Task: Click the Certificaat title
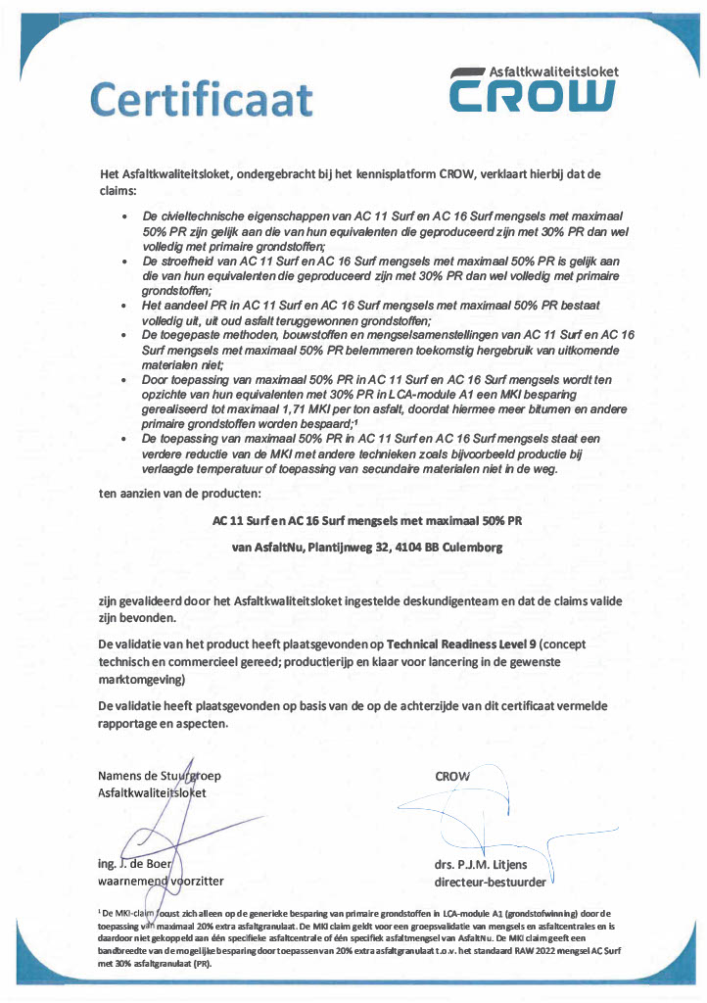[201, 100]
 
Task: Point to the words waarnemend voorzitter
[161, 881]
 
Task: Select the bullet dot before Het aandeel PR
[123, 306]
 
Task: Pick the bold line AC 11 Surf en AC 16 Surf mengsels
[367, 521]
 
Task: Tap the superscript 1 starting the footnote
[100, 910]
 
